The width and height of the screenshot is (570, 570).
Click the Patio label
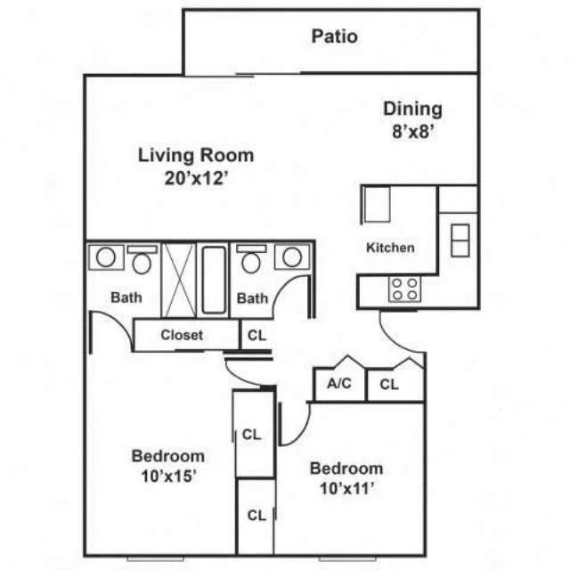click(x=335, y=37)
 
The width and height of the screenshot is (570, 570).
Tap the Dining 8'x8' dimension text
click(x=413, y=131)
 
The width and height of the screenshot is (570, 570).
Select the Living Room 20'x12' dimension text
click(x=196, y=178)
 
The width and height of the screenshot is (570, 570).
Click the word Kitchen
click(x=390, y=248)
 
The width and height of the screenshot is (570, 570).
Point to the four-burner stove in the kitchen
click(x=405, y=289)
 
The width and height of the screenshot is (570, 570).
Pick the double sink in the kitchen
click(x=460, y=240)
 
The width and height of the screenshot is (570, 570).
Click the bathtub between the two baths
click(x=214, y=280)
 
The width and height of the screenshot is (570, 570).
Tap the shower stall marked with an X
click(x=178, y=281)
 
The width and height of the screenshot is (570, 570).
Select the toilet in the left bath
click(x=142, y=259)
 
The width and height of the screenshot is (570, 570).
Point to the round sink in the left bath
click(x=106, y=257)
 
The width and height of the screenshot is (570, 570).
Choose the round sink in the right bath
click(x=292, y=257)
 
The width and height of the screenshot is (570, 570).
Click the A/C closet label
click(x=339, y=383)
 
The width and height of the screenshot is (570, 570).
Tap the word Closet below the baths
click(x=182, y=335)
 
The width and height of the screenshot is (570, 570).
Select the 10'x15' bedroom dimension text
click(x=168, y=476)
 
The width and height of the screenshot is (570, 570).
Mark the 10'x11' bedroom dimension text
click(x=346, y=488)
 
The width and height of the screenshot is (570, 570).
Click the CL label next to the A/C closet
click(x=389, y=384)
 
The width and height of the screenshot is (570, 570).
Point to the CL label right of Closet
click(x=256, y=335)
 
